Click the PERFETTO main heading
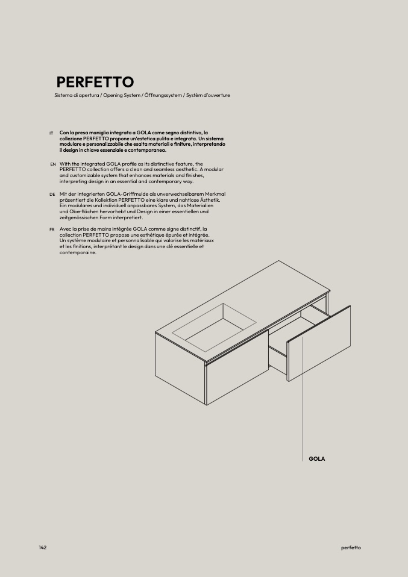[95, 82]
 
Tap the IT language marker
[51, 133]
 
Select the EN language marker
[53, 164]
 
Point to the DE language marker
[52, 195]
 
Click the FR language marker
[52, 230]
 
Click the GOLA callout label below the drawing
[316, 459]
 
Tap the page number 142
[42, 547]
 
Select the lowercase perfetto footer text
[351, 547]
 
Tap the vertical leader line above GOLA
[302, 410]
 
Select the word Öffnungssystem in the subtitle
[163, 96]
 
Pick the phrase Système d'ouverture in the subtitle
[208, 96]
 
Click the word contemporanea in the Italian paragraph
[148, 150]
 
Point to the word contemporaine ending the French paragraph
[78, 252]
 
